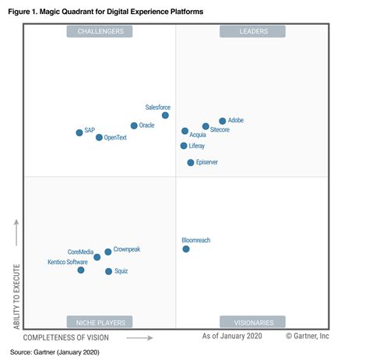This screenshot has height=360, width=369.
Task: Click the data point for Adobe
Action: coord(223,121)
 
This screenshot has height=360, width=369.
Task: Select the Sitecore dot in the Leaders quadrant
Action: coord(206,126)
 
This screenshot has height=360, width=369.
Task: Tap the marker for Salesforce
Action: coord(165,115)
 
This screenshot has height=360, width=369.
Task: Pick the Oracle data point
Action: coord(134,125)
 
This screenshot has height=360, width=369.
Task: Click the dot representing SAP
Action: coord(79,132)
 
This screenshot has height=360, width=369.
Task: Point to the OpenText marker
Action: coord(99,137)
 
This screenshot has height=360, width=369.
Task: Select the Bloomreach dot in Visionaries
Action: coord(186,249)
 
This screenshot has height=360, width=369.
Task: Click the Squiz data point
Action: coord(109,271)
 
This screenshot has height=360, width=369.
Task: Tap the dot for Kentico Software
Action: coord(81,270)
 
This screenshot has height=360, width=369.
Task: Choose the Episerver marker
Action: coord(191,162)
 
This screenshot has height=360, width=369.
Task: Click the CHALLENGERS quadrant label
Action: coord(100,31)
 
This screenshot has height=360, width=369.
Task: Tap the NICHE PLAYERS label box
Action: coord(100,321)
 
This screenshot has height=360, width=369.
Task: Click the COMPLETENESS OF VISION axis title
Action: coord(66,337)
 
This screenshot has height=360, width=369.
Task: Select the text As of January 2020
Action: coord(232,336)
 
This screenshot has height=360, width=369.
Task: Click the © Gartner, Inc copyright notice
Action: coord(307,336)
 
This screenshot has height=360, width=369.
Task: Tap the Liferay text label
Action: coord(197,146)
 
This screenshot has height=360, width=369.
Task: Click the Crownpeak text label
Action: coord(127,249)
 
